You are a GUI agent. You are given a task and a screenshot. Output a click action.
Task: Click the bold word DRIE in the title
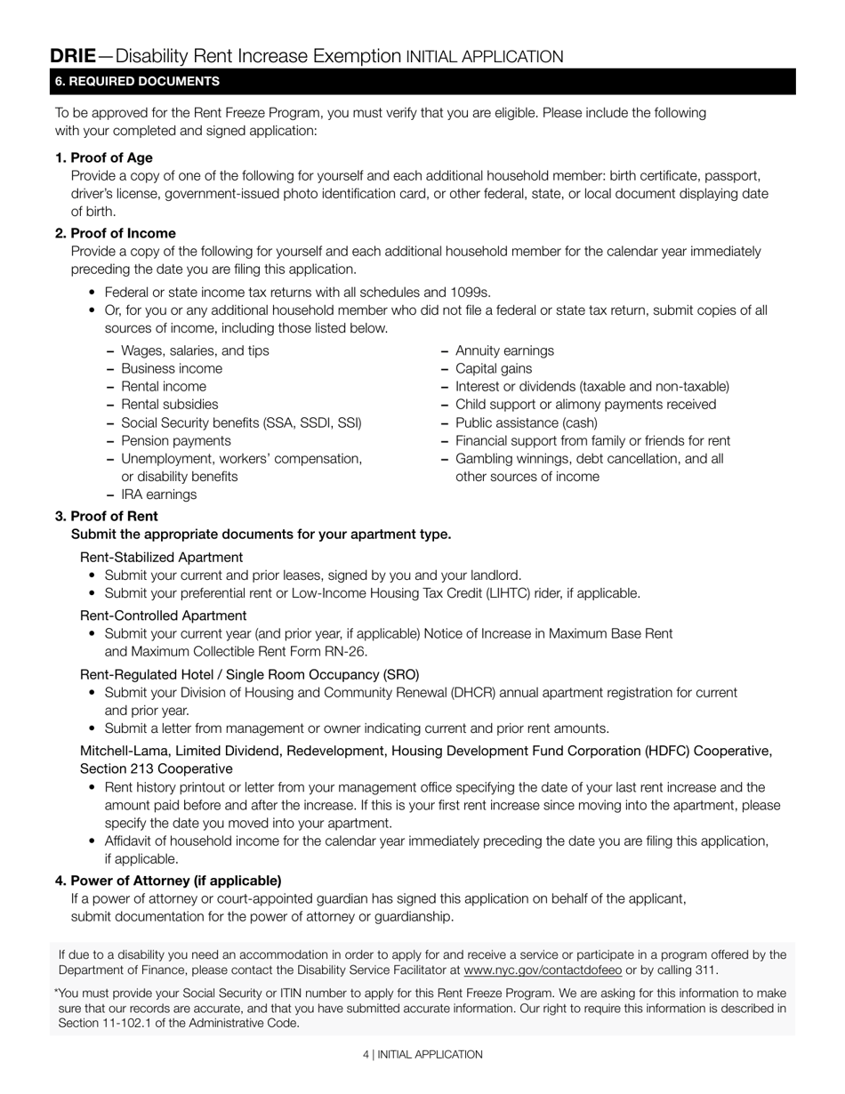(73, 56)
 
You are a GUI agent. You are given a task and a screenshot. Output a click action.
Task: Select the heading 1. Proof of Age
(103, 157)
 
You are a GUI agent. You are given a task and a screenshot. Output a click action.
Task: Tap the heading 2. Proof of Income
(115, 233)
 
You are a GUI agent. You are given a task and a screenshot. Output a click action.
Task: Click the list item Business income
(172, 368)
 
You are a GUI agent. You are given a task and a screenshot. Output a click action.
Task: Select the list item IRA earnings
(158, 495)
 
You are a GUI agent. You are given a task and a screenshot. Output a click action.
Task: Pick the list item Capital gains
(494, 368)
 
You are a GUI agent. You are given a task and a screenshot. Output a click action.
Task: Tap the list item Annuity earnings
(504, 350)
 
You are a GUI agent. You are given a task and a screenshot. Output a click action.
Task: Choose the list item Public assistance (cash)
(527, 422)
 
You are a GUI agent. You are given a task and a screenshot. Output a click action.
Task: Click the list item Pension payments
(175, 440)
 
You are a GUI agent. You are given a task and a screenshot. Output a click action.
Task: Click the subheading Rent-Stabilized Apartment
(161, 557)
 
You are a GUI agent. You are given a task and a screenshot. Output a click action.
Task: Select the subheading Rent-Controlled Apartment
(163, 615)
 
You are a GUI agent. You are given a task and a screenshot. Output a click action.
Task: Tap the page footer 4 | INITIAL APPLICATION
(422, 1054)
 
